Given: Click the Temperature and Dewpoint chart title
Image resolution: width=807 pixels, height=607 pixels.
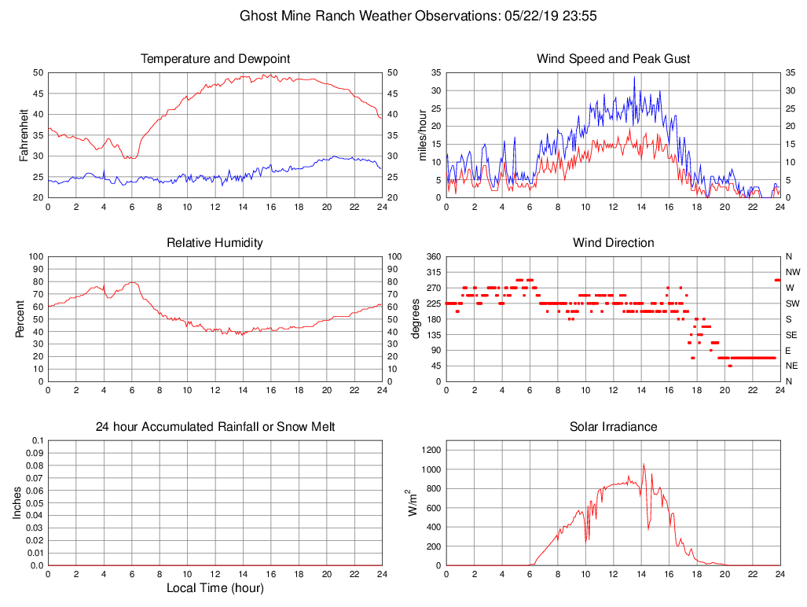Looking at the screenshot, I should click(x=215, y=59).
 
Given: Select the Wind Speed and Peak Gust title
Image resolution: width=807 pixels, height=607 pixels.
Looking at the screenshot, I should click(x=613, y=59).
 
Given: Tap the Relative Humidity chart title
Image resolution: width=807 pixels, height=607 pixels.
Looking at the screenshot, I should click(x=215, y=243).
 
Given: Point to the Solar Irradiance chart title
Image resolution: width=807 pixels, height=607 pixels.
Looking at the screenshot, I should click(x=613, y=427).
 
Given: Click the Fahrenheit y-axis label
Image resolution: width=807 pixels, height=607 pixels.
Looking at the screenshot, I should click(x=24, y=134).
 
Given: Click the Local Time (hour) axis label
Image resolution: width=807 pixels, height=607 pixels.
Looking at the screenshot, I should click(x=215, y=588).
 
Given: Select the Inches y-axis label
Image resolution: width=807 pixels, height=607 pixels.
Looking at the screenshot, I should click(x=18, y=503).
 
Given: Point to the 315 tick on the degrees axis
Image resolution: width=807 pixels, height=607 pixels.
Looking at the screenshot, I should click(x=431, y=272).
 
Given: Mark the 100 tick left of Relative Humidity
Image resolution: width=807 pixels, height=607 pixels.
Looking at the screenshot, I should click(x=35, y=256).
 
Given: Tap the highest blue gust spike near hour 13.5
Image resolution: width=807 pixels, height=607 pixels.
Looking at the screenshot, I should click(x=634, y=77).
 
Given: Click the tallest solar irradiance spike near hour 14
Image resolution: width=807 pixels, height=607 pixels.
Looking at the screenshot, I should click(x=644, y=465).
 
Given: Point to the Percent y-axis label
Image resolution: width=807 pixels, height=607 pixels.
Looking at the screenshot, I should click(x=20, y=319).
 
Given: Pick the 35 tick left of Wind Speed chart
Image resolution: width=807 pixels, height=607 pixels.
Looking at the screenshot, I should click(x=434, y=72).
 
